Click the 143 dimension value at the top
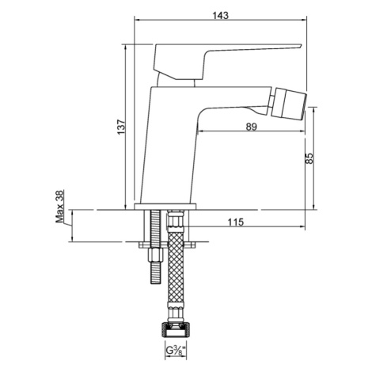pyautogui.click(x=221, y=15)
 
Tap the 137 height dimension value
pyautogui.click(x=120, y=127)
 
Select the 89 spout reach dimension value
pyautogui.click(x=251, y=127)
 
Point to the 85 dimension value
pyautogui.click(x=309, y=158)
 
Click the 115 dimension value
pyautogui.click(x=236, y=222)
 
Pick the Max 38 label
pyautogui.click(x=59, y=207)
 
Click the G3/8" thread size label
pyautogui.click(x=176, y=351)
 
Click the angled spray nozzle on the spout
pyautogui.click(x=290, y=103)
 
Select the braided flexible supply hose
pyautogui.click(x=176, y=269)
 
